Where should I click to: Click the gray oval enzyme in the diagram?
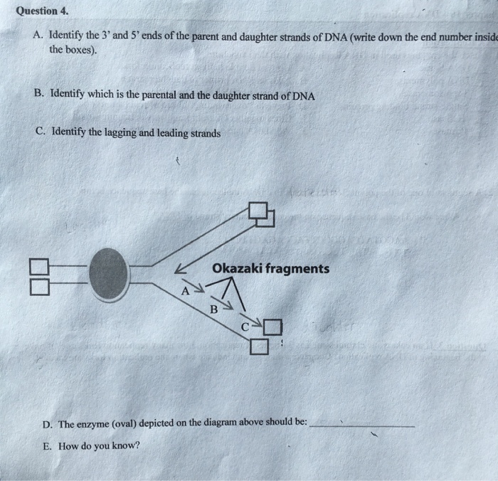[108, 275]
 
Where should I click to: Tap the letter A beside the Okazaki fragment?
[186, 290]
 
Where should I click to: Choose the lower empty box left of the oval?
[38, 286]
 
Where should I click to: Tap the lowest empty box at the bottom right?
[260, 347]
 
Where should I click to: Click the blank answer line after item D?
[363, 425]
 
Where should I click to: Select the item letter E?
[46, 446]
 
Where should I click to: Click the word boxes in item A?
[82, 51]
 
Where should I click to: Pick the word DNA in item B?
[303, 95]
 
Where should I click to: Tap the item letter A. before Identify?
[38, 37]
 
